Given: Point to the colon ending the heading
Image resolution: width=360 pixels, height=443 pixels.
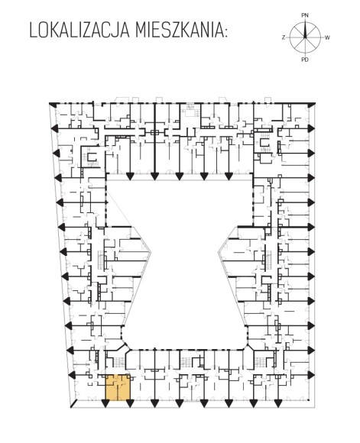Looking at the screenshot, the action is [225, 33].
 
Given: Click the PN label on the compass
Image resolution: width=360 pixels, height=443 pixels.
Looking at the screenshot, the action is [305, 15].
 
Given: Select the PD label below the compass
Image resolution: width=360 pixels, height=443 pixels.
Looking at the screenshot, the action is [305, 60].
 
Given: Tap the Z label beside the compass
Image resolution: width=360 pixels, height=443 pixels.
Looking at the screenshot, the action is [284, 37].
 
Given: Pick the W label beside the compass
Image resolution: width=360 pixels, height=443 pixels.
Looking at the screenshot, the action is [327, 37].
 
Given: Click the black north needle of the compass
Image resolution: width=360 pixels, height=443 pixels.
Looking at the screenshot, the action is [305, 30].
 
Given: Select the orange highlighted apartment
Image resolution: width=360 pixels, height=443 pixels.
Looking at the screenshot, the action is [118, 387].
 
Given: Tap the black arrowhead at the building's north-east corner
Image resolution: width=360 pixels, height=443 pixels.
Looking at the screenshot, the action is [312, 105].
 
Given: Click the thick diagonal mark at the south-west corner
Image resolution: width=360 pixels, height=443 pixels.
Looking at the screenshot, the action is [73, 403].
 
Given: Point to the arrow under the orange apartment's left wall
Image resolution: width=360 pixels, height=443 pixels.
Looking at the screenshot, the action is [105, 404].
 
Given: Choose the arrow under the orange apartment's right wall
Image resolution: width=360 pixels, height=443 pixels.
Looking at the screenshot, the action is [130, 404].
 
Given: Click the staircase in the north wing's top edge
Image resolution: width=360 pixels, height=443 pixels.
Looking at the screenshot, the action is [190, 110].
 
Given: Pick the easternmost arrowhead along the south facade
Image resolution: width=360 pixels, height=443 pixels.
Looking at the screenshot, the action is [277, 404].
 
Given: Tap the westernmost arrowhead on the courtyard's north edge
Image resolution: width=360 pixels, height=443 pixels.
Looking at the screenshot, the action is [130, 176].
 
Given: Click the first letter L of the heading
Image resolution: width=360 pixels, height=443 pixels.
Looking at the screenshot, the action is [33, 31].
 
